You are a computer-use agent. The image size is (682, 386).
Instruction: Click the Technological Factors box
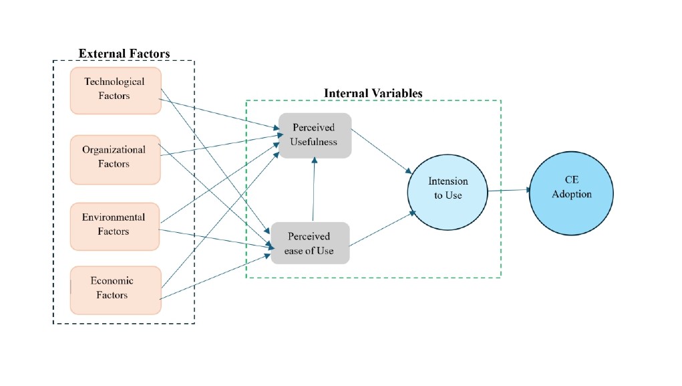coord(115,90)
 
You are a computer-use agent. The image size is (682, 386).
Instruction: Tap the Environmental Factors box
coord(115,226)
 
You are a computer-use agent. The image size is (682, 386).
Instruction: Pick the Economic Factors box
coord(115,290)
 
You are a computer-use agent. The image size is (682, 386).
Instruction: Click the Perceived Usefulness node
coord(315,135)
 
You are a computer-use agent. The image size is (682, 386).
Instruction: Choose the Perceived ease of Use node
coord(309,243)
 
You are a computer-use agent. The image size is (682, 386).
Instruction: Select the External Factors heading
coord(124,54)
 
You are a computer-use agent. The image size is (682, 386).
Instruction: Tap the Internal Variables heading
coord(373,94)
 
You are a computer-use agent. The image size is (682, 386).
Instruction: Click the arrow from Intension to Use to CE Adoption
coord(509,190)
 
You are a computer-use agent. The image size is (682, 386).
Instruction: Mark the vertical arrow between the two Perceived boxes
coord(313,190)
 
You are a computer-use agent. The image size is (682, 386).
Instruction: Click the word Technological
coord(114,82)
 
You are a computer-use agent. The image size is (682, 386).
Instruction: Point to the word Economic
coord(112,281)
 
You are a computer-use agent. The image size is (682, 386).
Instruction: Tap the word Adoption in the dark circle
coord(572,195)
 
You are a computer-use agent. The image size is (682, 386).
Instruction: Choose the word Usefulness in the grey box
coord(314,142)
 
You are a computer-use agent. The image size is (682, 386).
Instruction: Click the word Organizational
coord(114,150)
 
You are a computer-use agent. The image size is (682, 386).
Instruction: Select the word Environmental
coord(114,217)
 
